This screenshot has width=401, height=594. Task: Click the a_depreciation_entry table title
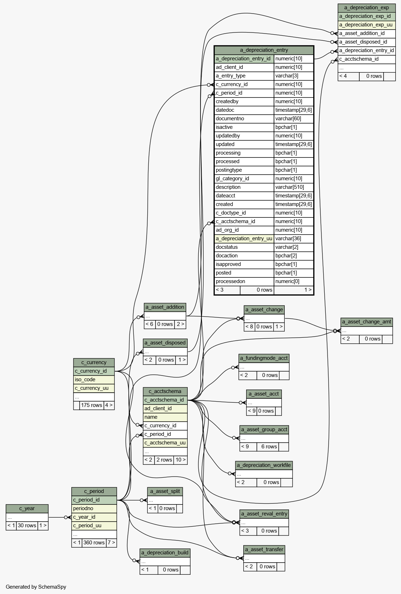(264, 50)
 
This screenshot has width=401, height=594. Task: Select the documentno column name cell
(244, 119)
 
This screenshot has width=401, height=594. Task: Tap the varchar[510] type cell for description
(294, 187)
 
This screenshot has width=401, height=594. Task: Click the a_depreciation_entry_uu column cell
(244, 238)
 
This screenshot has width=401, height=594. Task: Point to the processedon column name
(244, 281)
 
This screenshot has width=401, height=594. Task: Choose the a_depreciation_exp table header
(366, 7)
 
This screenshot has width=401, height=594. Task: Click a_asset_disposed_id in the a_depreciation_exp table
(366, 42)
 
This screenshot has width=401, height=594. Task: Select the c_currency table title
(94, 362)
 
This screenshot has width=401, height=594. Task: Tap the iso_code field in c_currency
(94, 379)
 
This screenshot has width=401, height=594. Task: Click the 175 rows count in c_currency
(91, 405)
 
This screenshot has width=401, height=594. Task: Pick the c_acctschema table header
(165, 391)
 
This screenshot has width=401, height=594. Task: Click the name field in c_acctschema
(165, 417)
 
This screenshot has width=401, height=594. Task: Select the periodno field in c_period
(94, 508)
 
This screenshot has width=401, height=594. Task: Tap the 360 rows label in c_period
(94, 543)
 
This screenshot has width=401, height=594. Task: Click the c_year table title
(27, 508)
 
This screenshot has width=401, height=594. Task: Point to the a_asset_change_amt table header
(366, 322)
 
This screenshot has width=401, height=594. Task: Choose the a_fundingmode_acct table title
(264, 358)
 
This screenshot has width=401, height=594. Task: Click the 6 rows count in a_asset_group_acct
(269, 447)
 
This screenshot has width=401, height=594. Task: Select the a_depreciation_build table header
(165, 553)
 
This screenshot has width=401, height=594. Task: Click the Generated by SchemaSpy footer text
(36, 587)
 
